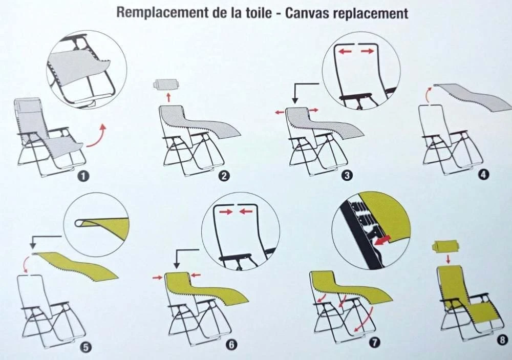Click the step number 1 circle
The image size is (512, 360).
(84, 176)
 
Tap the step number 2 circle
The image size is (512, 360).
(225, 176)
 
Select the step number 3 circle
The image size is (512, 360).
(347, 176)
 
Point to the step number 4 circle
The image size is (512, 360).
(484, 175)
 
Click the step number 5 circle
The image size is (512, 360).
(86, 347)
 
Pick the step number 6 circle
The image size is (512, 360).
(231, 345)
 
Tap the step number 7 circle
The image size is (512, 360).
(375, 343)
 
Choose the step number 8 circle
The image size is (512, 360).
(503, 340)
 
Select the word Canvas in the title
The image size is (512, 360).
(307, 13)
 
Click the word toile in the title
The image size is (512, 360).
(259, 13)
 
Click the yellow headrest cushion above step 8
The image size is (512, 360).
(446, 246)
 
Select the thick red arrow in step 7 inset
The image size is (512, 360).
(382, 241)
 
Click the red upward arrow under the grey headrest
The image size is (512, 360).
(168, 97)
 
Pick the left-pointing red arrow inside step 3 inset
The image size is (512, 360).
(345, 51)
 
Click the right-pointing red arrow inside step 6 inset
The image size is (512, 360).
(226, 212)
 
